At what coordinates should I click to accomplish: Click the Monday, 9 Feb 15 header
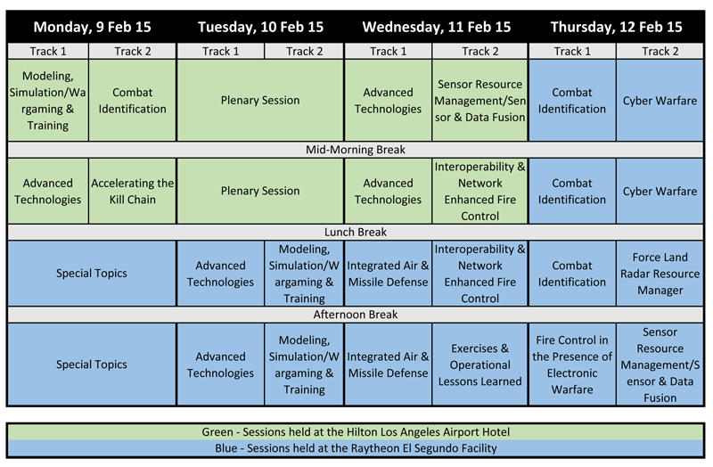tap(92, 27)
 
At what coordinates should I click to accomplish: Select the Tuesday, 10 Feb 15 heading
tap(260, 27)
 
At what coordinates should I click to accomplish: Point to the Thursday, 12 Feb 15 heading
tap(616, 27)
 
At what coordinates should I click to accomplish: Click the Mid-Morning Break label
tap(355, 150)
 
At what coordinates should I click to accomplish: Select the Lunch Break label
tap(355, 232)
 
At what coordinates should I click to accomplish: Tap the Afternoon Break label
tap(355, 315)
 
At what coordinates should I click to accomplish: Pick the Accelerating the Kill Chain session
tap(132, 191)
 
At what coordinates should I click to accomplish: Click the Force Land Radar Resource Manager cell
tap(660, 274)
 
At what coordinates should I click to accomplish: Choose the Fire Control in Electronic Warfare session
tap(572, 365)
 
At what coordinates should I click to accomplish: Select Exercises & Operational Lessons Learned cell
tap(479, 365)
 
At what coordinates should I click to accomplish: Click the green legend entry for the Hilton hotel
tap(356, 431)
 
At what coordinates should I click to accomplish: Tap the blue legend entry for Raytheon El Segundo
tap(356, 448)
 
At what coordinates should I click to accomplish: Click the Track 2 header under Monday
tap(132, 52)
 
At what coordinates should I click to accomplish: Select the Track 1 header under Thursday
tap(572, 52)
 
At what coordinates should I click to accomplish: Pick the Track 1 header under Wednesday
tap(388, 52)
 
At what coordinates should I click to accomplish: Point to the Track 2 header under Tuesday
tap(304, 52)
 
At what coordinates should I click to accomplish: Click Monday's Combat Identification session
tap(132, 100)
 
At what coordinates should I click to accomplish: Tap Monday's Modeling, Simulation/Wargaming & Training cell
tap(48, 100)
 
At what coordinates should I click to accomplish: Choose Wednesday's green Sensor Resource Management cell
tap(479, 100)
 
